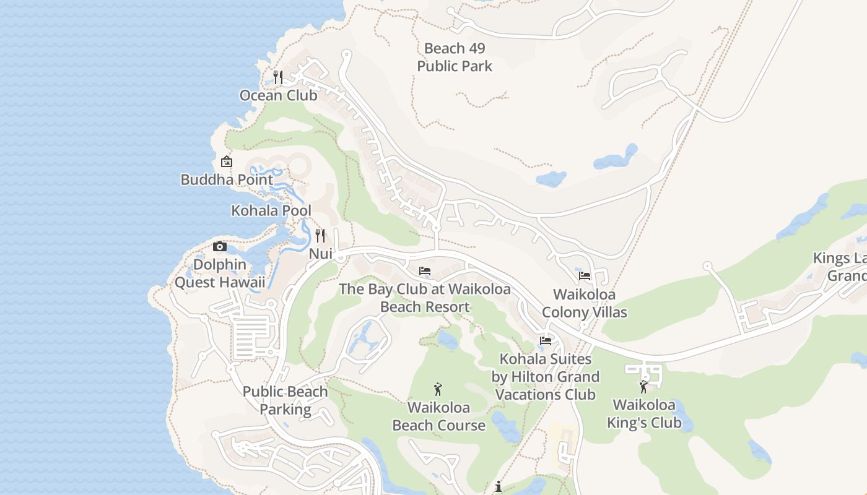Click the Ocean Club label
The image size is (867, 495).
pyautogui.click(x=278, y=95)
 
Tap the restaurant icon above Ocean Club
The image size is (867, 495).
pyautogui.click(x=278, y=77)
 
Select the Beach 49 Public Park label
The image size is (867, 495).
pyautogui.click(x=455, y=57)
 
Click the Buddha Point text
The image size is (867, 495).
pyautogui.click(x=227, y=180)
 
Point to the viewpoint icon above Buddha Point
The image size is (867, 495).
pyautogui.click(x=227, y=161)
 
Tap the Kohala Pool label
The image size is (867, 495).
pyautogui.click(x=271, y=210)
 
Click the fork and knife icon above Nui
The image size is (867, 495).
pyautogui.click(x=320, y=236)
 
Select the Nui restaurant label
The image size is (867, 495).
pyautogui.click(x=321, y=254)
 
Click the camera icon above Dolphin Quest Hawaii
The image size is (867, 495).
pyautogui.click(x=219, y=247)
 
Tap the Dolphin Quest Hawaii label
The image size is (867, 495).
pyautogui.click(x=220, y=273)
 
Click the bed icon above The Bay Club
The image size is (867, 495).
pyautogui.click(x=425, y=271)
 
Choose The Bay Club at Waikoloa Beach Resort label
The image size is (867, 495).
pyautogui.click(x=425, y=298)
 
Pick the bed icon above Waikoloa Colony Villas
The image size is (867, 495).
pyautogui.click(x=585, y=276)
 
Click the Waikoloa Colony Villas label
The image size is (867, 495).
pyautogui.click(x=585, y=303)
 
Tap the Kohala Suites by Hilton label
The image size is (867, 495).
pyautogui.click(x=546, y=376)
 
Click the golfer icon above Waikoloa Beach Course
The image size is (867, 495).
pyautogui.click(x=438, y=389)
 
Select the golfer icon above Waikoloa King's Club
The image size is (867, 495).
pyautogui.click(x=643, y=387)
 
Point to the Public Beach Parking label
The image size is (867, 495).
pyautogui.click(x=285, y=400)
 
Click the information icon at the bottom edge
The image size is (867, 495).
pyautogui.click(x=499, y=487)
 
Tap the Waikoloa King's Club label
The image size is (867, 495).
pyautogui.click(x=644, y=414)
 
